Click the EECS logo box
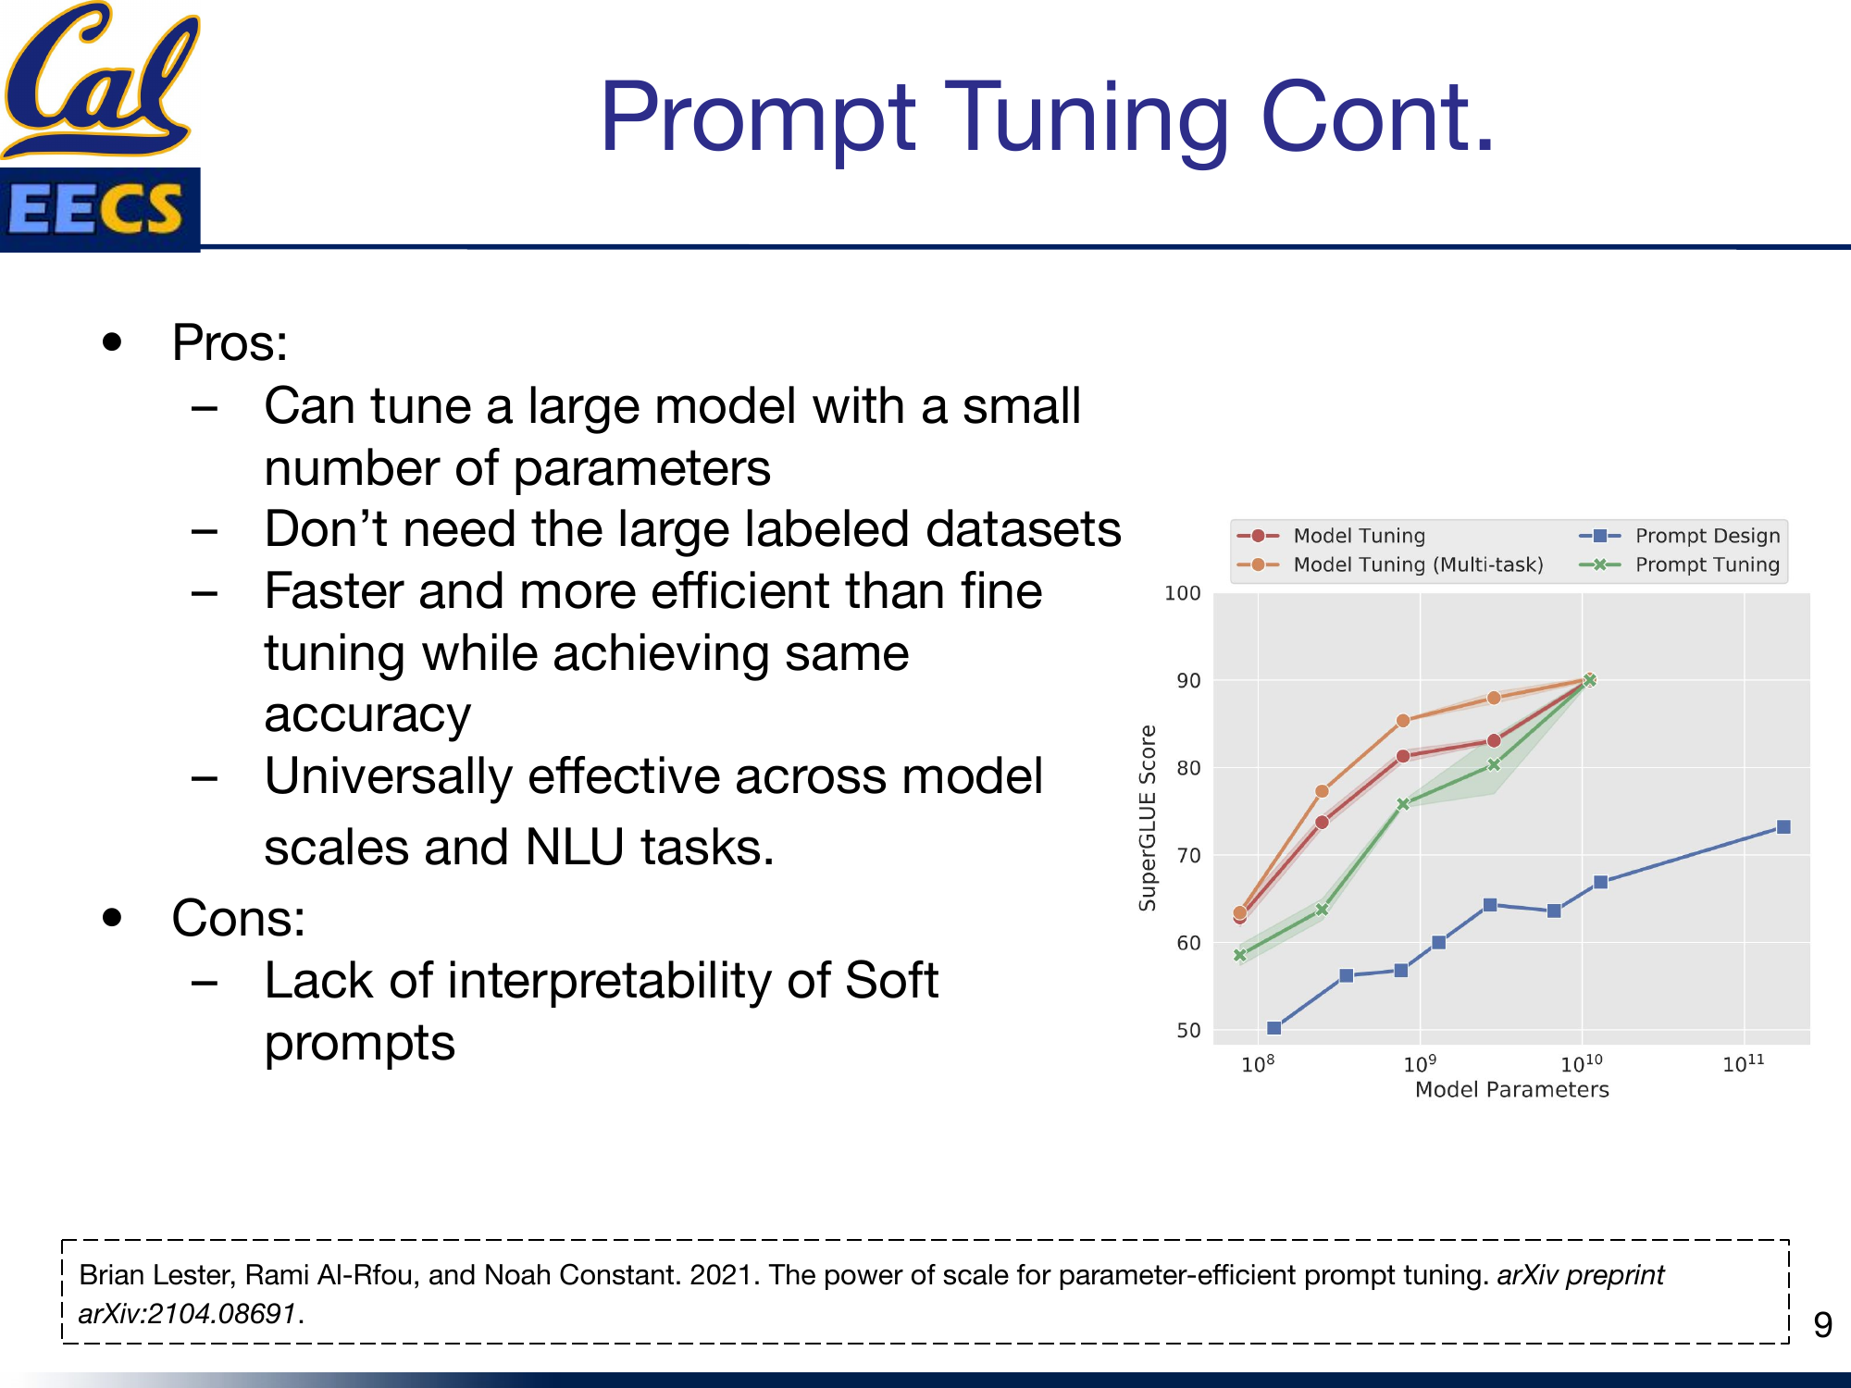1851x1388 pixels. (x=100, y=209)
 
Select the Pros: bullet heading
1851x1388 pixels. (x=230, y=343)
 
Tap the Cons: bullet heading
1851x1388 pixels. (x=238, y=919)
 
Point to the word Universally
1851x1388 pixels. (x=388, y=776)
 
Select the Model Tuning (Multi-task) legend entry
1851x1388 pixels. (x=1417, y=564)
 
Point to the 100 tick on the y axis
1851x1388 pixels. (x=1182, y=593)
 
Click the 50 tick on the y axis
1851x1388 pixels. (x=1188, y=1030)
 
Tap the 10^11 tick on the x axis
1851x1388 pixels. (x=1743, y=1064)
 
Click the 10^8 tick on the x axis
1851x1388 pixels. (x=1257, y=1064)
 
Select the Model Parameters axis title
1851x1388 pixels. (x=1511, y=1090)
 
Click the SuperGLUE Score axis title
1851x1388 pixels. (x=1148, y=818)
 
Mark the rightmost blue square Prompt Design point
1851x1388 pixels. (x=1783, y=827)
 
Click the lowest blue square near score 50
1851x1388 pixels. (x=1273, y=1028)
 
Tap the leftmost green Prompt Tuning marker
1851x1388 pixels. (x=1240, y=955)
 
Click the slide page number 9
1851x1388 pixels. (x=1822, y=1325)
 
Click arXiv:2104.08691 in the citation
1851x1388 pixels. (x=188, y=1314)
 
